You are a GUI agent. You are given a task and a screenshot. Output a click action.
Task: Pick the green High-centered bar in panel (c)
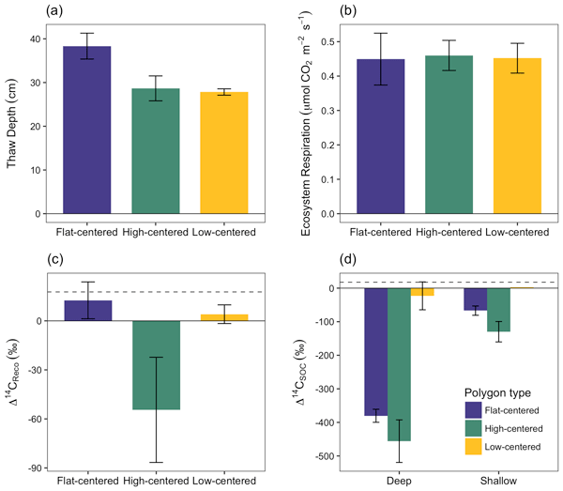pyautogui.click(x=154, y=365)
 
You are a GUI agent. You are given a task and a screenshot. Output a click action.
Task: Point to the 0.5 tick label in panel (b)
pyautogui.click(x=327, y=41)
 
